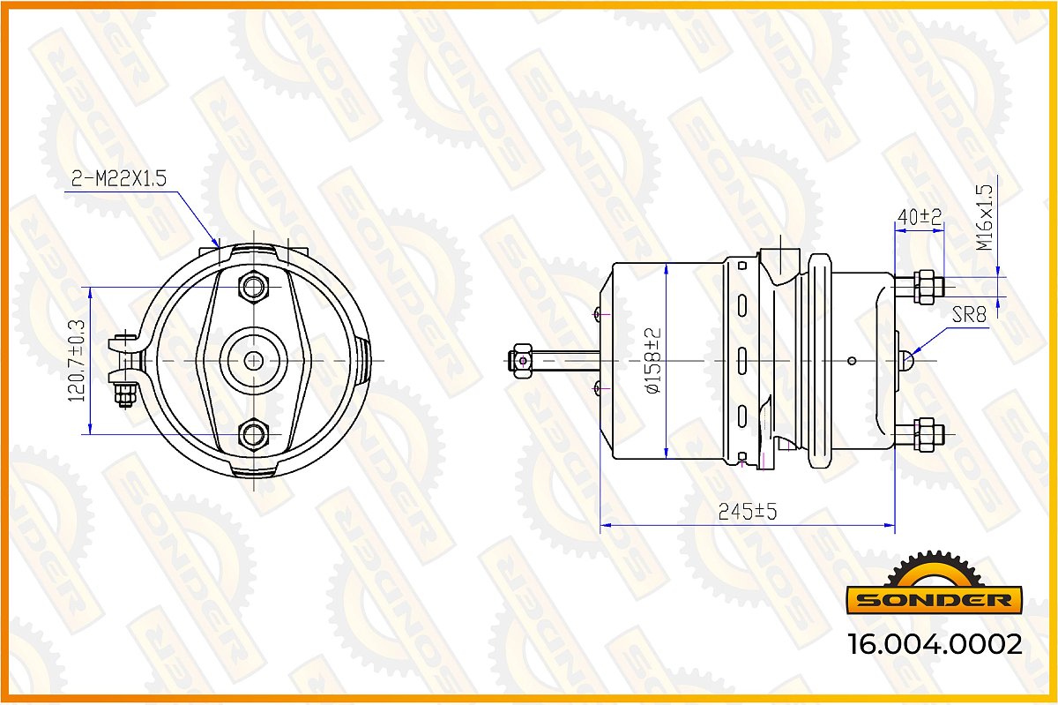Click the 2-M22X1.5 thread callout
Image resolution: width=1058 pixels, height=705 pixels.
point(119,179)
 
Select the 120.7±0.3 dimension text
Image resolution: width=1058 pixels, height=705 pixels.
point(77,361)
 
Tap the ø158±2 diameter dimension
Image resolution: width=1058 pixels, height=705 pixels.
point(652,361)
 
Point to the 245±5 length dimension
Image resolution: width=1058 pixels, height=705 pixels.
point(748,512)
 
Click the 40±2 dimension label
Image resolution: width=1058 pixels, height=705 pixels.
point(919,217)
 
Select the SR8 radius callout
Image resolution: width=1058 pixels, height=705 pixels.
point(969,314)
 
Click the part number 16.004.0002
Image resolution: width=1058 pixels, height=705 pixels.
point(935,644)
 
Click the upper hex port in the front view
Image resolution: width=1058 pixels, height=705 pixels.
point(254,287)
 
